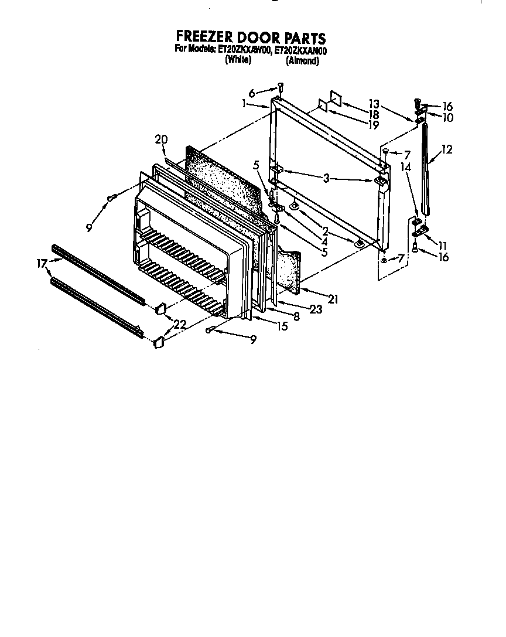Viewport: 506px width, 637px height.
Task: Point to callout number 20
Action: click(161, 139)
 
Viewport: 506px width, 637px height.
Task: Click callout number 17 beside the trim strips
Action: click(41, 264)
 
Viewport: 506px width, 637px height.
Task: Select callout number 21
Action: click(333, 299)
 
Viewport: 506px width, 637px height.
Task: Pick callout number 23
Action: click(316, 310)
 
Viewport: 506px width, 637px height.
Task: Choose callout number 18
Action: click(374, 114)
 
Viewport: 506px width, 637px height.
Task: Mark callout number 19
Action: click(374, 124)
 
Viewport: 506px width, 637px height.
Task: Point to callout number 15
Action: click(282, 326)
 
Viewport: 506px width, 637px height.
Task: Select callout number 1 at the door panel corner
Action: click(244, 104)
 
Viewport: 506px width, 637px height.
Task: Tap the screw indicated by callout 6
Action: click(281, 87)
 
